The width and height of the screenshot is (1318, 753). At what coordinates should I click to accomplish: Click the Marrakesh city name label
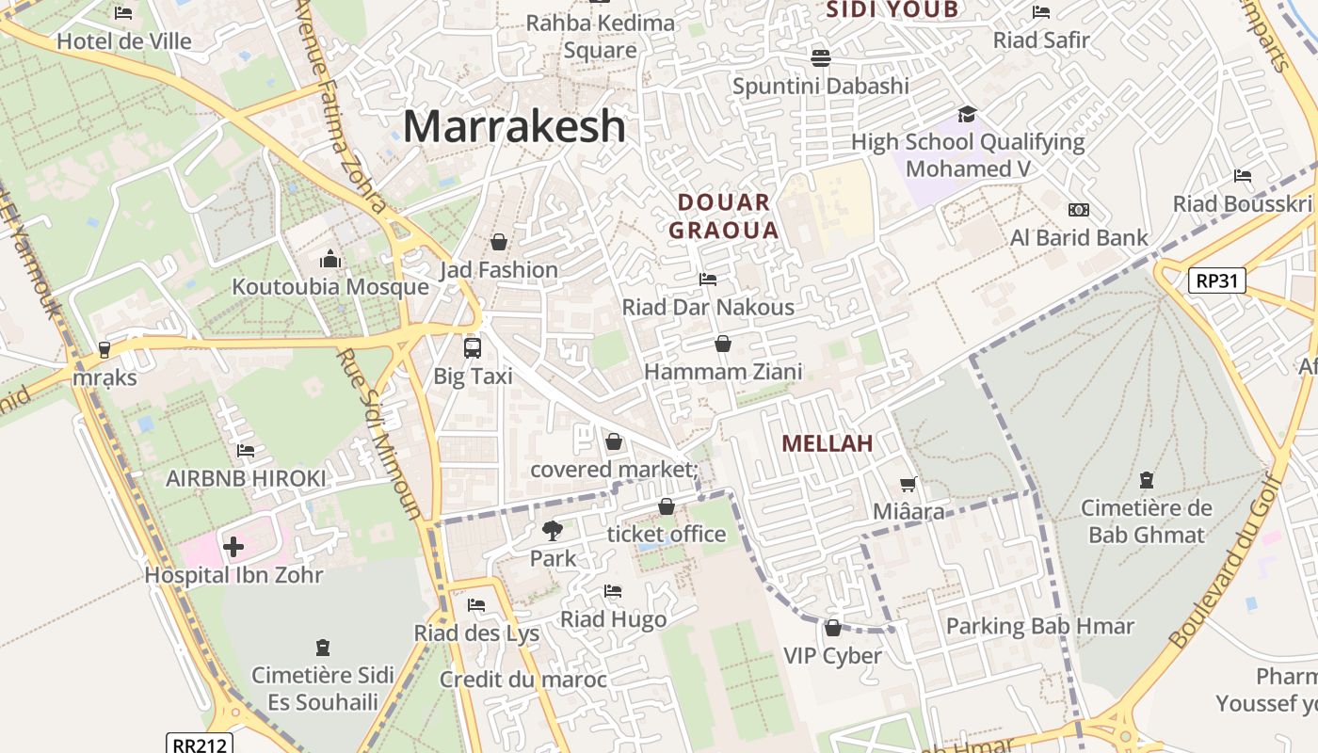tap(514, 126)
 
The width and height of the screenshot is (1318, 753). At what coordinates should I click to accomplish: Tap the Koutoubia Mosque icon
tap(330, 259)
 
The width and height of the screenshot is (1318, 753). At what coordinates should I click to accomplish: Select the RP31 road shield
tap(1216, 280)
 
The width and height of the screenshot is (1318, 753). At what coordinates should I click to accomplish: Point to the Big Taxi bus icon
tap(473, 347)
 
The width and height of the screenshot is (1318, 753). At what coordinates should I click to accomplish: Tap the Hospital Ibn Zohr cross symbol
tap(233, 546)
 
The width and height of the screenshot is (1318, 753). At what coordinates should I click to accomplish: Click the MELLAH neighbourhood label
tap(828, 443)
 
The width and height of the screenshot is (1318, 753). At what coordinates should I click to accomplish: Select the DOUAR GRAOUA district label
tap(723, 216)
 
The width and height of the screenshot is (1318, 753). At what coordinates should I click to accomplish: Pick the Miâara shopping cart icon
tap(908, 484)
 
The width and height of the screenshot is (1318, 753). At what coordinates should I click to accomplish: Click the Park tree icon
tap(553, 530)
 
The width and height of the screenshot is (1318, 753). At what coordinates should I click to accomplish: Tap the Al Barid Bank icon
tap(1078, 210)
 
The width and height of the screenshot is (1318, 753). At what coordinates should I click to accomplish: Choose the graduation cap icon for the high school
tap(967, 114)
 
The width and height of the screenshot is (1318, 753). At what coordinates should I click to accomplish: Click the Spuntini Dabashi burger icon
tap(820, 58)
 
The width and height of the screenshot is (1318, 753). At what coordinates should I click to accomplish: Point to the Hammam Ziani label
tap(723, 372)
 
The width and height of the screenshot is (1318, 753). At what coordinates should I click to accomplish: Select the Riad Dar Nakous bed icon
tap(708, 279)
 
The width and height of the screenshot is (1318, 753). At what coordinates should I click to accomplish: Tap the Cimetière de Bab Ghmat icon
tap(1146, 480)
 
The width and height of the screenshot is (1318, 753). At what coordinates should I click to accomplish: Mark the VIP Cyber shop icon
tap(832, 628)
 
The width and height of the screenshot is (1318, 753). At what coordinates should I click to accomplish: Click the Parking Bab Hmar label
tap(1039, 626)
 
